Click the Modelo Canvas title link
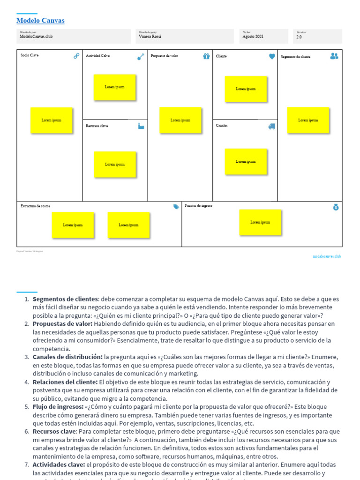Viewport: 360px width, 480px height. (x=40, y=21)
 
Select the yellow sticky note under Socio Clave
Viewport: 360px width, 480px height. (x=51, y=120)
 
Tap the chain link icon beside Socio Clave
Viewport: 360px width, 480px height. (x=76, y=56)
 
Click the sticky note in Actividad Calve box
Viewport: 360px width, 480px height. (x=115, y=87)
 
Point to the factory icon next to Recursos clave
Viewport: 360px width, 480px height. (x=141, y=126)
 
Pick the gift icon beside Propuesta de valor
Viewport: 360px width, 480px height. (x=206, y=56)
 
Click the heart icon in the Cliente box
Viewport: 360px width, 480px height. (x=272, y=56)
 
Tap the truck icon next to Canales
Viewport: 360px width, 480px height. (x=272, y=126)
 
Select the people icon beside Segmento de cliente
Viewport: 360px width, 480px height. (x=334, y=56)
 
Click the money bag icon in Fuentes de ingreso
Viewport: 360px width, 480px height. (x=336, y=207)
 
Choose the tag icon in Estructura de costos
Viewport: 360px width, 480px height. (x=176, y=207)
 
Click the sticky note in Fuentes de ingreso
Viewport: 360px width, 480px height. (x=260, y=222)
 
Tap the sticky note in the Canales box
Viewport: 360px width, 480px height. (x=246, y=162)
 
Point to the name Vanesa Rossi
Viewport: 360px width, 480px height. (x=150, y=37)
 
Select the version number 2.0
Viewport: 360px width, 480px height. (x=299, y=37)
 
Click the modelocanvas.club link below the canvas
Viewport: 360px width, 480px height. (x=327, y=256)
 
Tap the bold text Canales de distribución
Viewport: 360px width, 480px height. (x=67, y=357)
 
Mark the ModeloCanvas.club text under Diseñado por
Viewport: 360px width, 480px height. (x=36, y=37)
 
